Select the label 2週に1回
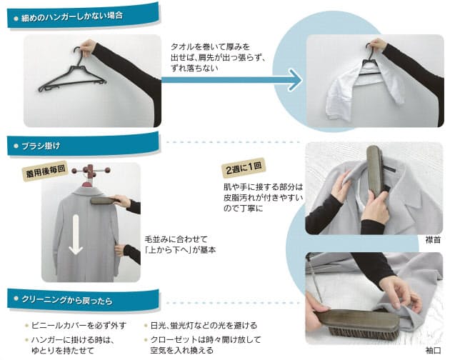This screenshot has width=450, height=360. tap(244, 169)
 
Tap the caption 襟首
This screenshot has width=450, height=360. tap(433, 241)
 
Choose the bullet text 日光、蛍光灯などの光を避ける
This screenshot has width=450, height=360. tap(198, 325)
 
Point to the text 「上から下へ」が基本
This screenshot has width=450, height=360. tap(180, 251)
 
